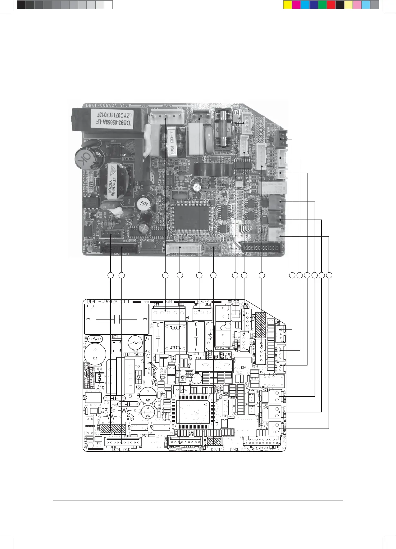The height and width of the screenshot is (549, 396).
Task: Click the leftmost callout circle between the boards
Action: [x=111, y=275]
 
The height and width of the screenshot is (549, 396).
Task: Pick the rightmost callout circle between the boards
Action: [x=329, y=275]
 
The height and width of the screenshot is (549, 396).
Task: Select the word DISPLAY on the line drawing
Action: [x=218, y=450]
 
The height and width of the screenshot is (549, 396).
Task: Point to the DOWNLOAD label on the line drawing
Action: [x=121, y=450]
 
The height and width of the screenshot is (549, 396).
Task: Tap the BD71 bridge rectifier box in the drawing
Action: [x=116, y=346]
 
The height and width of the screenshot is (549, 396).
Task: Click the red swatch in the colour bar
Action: [x=331, y=4]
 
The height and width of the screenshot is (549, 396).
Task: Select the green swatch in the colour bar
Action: [x=322, y=4]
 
